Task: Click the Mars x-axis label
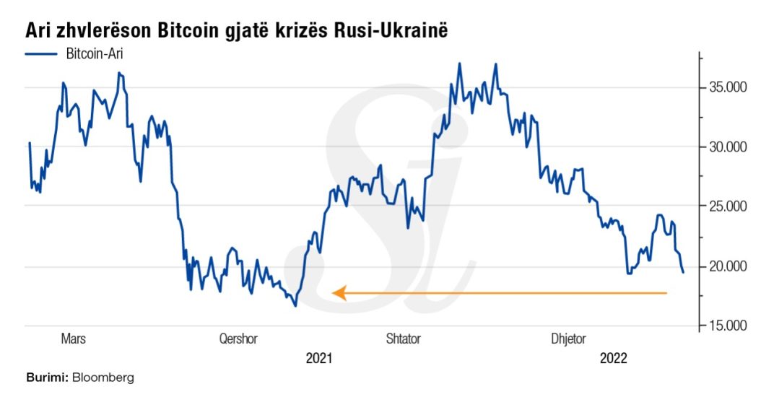73,339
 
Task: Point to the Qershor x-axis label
238,339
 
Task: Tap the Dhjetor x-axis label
568,339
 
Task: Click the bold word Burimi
47,378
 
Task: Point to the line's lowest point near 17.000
295,306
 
